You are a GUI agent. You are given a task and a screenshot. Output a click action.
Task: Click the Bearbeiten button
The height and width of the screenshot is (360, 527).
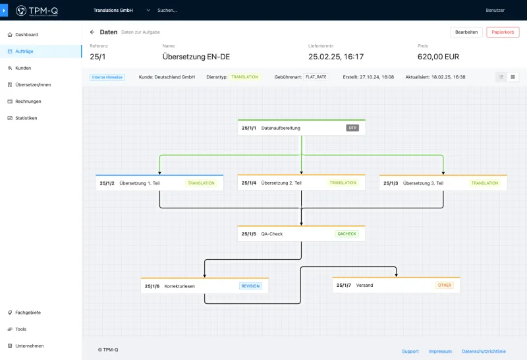pos(466,32)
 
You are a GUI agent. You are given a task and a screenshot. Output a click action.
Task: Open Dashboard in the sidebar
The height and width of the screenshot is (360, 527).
pos(26,35)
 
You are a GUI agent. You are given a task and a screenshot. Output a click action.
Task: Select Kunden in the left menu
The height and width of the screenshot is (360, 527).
pos(23,68)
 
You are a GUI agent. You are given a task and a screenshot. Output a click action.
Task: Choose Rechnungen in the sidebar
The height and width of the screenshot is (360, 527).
pos(28,102)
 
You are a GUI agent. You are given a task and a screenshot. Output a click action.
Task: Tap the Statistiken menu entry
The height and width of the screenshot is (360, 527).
pos(26,118)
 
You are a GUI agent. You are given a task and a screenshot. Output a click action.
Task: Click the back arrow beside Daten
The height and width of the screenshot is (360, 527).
pos(92,32)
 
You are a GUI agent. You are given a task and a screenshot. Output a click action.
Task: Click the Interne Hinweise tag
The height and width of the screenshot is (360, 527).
pos(107,77)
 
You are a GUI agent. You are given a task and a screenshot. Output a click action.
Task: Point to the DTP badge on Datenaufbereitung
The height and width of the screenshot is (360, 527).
pos(352,128)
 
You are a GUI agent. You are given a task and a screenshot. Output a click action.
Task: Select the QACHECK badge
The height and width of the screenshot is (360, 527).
pos(347,234)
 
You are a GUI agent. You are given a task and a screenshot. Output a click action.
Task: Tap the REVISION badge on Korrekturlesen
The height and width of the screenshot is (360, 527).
pos(250,286)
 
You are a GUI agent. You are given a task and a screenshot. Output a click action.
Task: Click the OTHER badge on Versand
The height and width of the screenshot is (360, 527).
pos(444,285)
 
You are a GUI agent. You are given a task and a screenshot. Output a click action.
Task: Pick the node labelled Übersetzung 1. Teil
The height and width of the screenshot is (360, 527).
pos(159,183)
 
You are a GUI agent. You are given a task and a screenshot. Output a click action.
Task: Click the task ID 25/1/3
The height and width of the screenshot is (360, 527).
pos(391,183)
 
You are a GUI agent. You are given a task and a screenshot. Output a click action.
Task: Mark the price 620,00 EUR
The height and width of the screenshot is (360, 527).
pos(438,57)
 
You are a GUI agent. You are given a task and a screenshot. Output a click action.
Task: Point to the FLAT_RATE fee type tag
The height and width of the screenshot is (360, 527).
pos(316,77)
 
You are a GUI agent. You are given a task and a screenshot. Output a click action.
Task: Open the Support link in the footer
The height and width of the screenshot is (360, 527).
pos(410,351)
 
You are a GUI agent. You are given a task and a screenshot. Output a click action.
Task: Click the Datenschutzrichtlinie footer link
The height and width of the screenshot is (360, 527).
pos(484,351)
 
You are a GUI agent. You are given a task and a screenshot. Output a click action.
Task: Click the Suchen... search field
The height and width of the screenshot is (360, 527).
pos(167,11)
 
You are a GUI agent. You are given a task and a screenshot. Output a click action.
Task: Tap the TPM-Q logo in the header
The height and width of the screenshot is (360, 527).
pos(37,11)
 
